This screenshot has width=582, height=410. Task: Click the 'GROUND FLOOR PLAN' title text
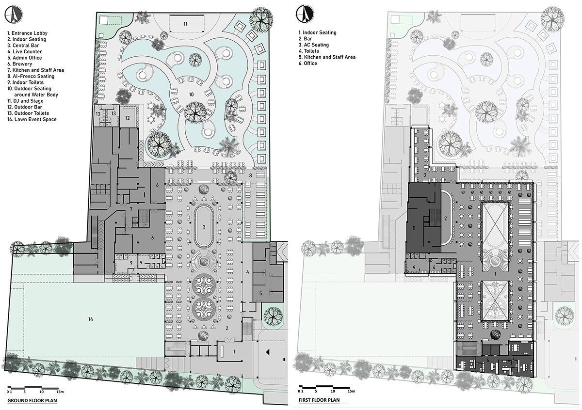32,401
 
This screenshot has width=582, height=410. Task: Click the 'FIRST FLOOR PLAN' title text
319,400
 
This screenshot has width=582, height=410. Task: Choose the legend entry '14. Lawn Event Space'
32,119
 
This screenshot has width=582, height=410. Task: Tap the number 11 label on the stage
185,23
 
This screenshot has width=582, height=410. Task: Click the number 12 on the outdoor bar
128,117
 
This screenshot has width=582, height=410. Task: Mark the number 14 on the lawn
90,318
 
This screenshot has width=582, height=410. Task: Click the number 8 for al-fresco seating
250,174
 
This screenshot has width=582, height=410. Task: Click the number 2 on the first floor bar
445,218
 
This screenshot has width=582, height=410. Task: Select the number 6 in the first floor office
488,360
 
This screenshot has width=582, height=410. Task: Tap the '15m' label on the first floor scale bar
351,391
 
